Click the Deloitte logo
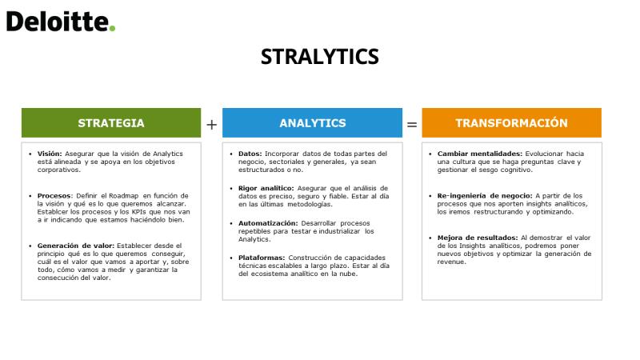[61, 22]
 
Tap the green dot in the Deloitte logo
[112, 29]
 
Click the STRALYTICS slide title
[319, 57]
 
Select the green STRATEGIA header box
[111, 123]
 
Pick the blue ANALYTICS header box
[312, 123]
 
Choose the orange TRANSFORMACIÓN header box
[511, 123]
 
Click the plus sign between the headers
[211, 125]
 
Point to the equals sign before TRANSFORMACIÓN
[412, 125]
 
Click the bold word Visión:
[50, 154]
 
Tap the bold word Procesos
[54, 196]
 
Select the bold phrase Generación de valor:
[76, 246]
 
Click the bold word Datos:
[250, 154]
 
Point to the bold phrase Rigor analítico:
[266, 188]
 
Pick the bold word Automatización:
[268, 223]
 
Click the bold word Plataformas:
[262, 258]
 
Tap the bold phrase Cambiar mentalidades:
[480, 154]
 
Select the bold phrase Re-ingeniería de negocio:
[485, 196]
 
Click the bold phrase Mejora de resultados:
[478, 238]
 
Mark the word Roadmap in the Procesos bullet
[124, 196]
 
